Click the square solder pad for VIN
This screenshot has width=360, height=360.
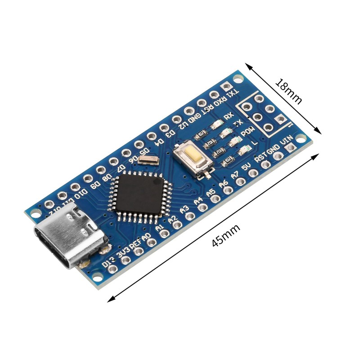click(291, 148)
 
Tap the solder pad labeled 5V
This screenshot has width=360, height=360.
click(253, 173)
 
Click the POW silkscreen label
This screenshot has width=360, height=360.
click(247, 132)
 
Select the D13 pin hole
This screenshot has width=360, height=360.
click(112, 269)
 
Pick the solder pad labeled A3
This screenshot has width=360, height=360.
click(189, 216)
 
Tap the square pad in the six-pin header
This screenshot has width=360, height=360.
click(281, 119)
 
